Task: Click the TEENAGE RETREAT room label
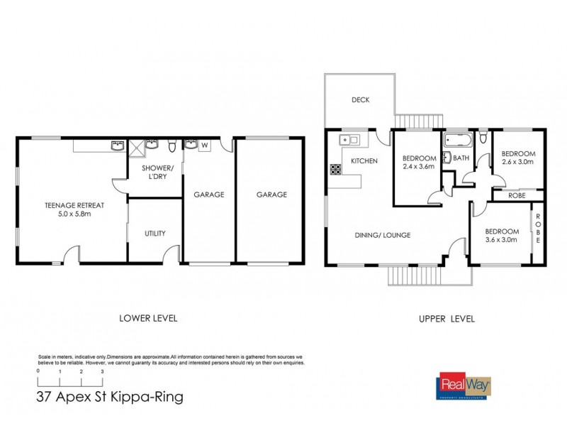point(74,205)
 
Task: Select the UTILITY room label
point(155,233)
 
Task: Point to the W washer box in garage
point(205,146)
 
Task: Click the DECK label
point(361,100)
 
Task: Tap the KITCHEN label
point(364,161)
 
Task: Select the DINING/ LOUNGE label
point(383,235)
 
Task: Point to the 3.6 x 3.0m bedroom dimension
point(501,240)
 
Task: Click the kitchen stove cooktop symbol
point(334,170)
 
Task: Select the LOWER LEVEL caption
point(149,318)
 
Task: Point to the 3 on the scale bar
point(103,372)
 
